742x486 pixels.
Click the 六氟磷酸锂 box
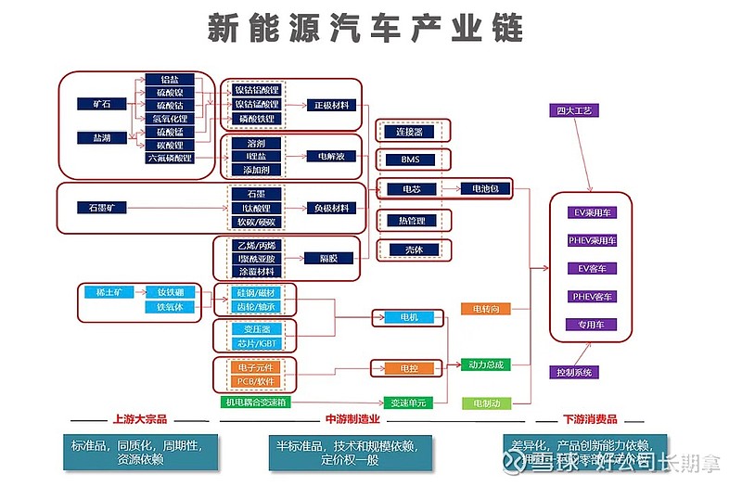point(170,159)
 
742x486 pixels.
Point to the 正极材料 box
point(331,105)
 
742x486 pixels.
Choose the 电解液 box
point(331,157)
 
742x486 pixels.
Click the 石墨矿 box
point(101,208)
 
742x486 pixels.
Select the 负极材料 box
point(331,208)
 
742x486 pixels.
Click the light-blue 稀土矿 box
point(101,292)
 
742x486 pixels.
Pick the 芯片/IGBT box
point(255,344)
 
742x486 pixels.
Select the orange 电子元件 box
point(255,368)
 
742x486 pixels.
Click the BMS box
point(410,160)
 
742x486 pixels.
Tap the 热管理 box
point(412,221)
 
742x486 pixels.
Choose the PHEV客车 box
point(591,297)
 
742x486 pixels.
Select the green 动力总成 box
point(486,364)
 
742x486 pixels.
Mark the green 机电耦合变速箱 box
point(256,403)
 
